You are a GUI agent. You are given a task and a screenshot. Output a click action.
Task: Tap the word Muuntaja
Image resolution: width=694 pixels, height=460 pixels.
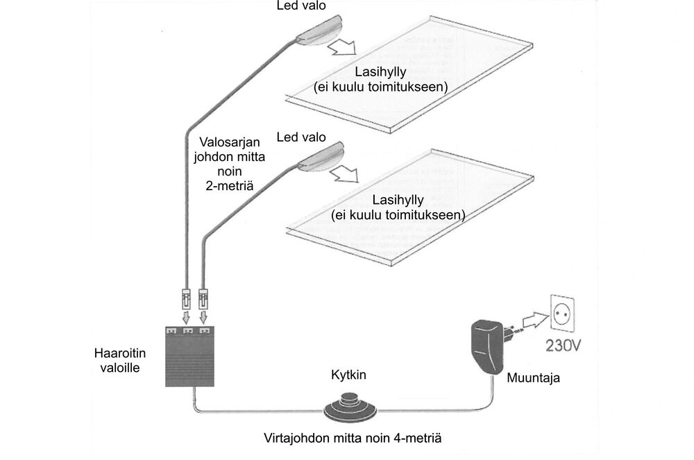tap(532, 379)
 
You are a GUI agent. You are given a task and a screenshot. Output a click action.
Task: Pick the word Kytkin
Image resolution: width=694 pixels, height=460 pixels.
tap(348, 375)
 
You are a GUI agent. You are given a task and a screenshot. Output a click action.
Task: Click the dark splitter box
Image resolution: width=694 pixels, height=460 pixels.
tap(194, 357)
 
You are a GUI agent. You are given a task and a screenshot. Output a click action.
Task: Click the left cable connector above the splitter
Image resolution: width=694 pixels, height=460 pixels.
tap(187, 300)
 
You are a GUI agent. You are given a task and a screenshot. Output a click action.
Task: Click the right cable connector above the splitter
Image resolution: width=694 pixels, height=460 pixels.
tap(204, 300)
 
